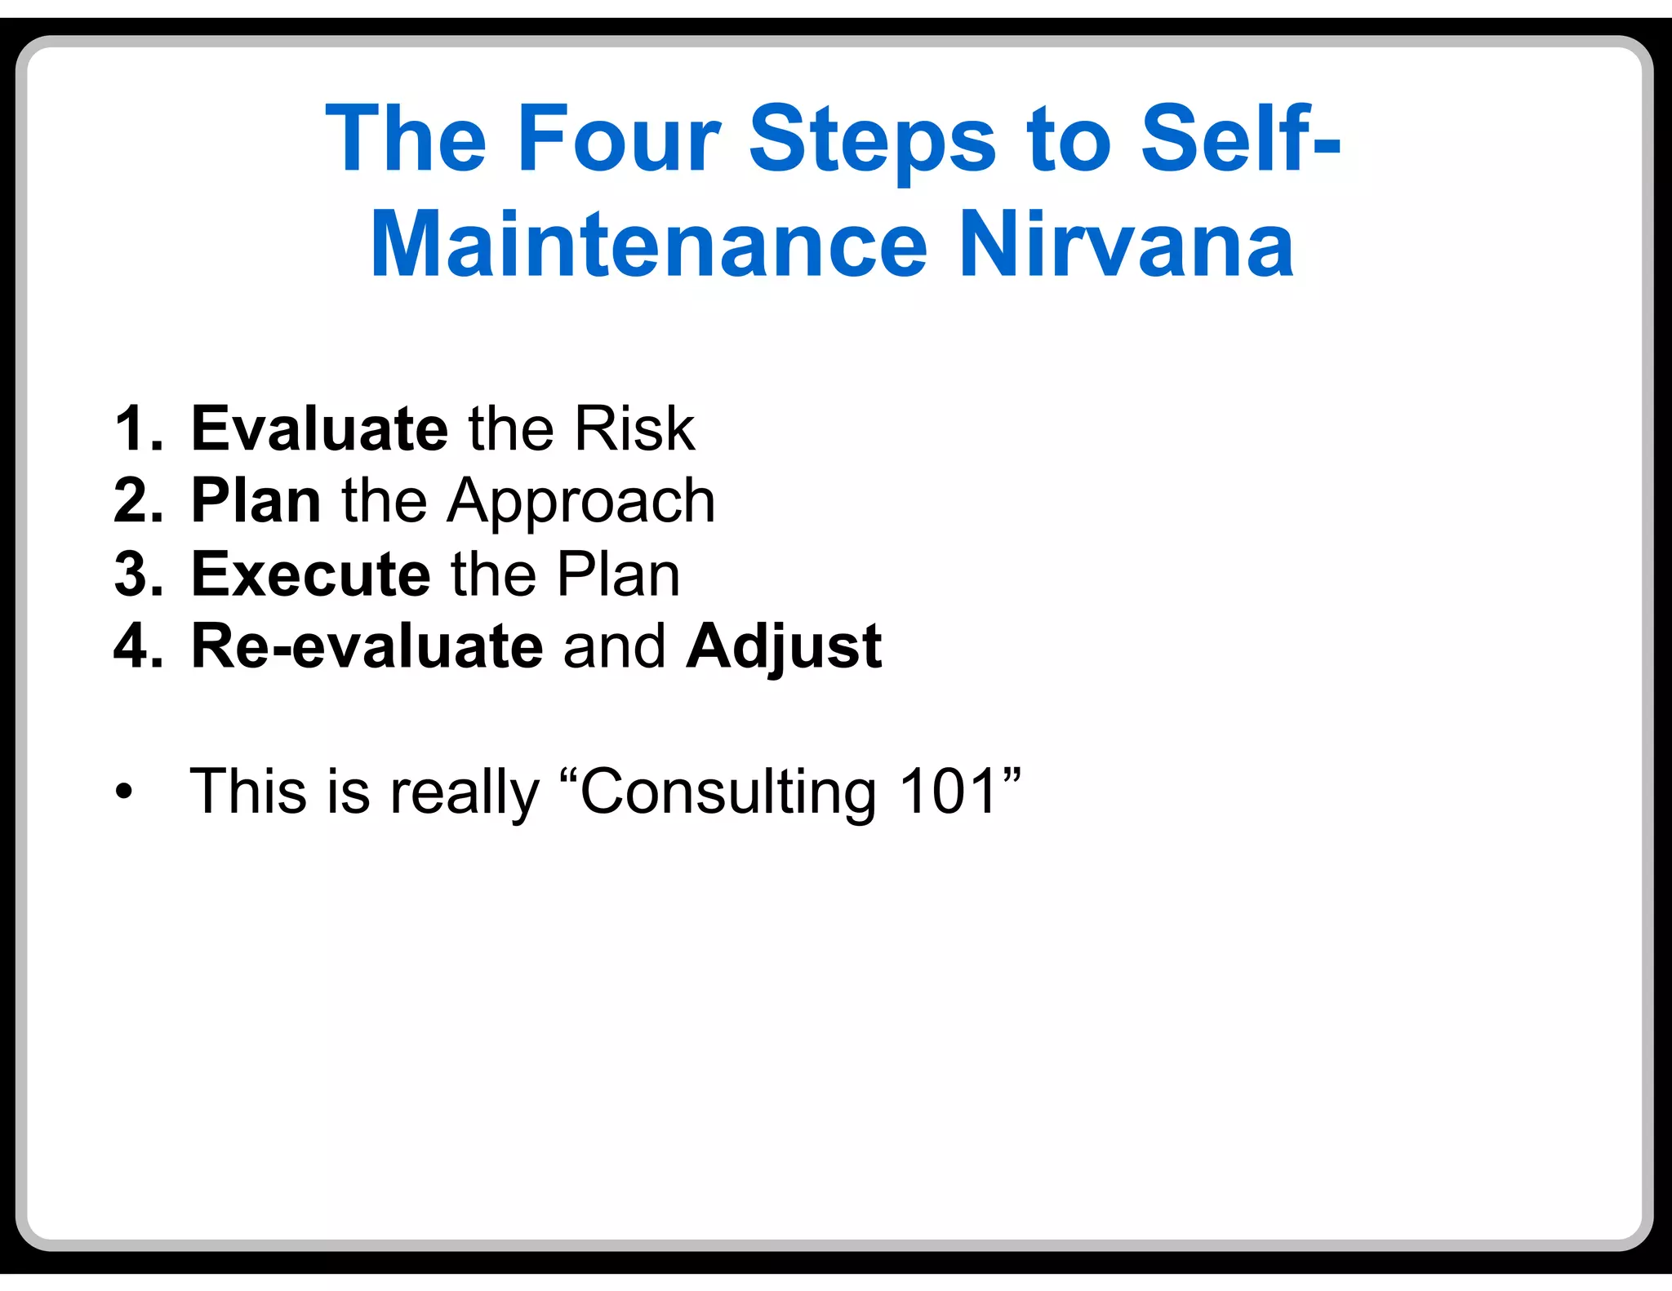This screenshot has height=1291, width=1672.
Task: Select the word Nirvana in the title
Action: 1126,245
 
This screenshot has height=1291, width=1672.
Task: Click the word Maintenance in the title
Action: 649,245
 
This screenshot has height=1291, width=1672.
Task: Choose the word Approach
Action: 580,502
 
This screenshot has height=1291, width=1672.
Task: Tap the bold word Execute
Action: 310,574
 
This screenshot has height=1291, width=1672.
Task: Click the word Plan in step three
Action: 618,574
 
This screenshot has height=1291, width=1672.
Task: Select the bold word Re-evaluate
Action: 367,646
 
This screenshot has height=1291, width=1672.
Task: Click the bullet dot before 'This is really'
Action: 123,792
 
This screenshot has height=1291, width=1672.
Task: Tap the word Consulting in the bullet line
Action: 727,792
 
